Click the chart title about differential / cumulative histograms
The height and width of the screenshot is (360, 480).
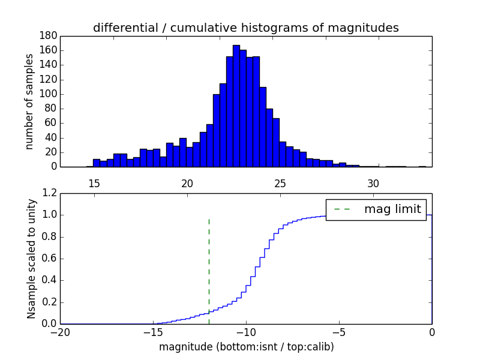coord(245,28)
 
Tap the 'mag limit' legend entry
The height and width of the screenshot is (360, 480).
coord(392,209)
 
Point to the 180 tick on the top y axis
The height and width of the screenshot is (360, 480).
coord(48,35)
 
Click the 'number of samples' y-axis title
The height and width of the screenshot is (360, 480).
coord(29,101)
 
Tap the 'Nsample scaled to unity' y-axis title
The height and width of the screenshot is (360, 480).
coord(31,259)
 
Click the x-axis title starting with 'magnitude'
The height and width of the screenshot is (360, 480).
coord(246,347)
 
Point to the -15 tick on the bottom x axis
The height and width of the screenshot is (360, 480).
coord(152,332)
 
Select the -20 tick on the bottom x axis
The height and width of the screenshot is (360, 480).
coord(59,332)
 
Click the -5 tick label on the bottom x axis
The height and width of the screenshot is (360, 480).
coord(338,332)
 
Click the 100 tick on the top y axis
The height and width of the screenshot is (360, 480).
coord(48,94)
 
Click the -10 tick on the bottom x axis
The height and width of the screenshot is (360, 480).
coord(245,332)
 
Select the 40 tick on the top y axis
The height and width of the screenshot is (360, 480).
coord(50,137)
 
